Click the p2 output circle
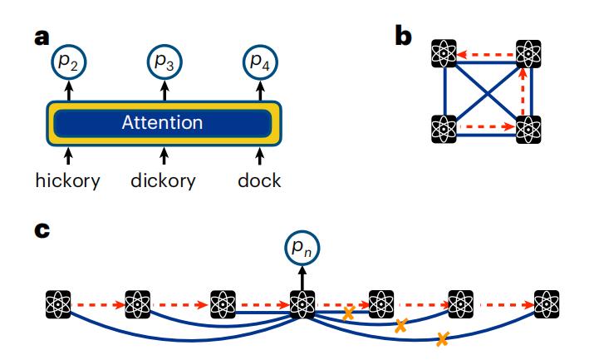pyautogui.click(x=69, y=62)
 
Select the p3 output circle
pyautogui.click(x=164, y=62)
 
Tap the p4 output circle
pyautogui.click(x=259, y=62)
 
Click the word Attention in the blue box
pyautogui.click(x=162, y=123)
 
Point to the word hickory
pyautogui.click(x=68, y=180)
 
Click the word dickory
pyautogui.click(x=164, y=180)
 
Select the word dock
pyautogui.click(x=259, y=180)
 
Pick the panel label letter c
pyautogui.click(x=42, y=230)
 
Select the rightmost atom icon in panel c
pyautogui.click(x=547, y=304)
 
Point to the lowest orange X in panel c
pyautogui.click(x=442, y=338)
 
